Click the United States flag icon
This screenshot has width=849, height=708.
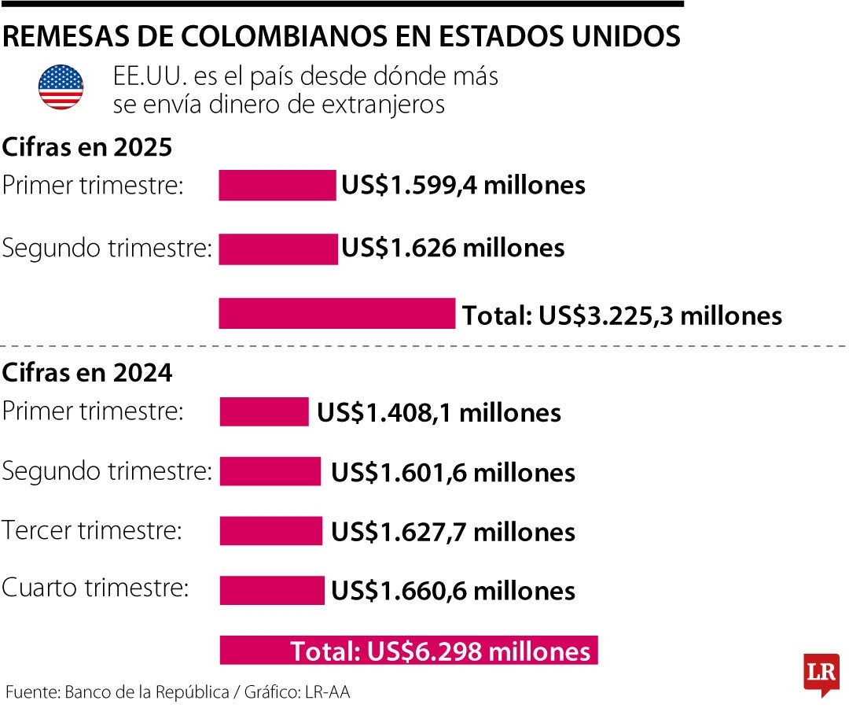point(61,87)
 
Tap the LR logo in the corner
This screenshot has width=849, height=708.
point(821,673)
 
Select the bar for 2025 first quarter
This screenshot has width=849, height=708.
point(277,186)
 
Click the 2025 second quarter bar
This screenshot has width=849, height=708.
point(277,249)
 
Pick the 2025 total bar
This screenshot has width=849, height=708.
point(336,313)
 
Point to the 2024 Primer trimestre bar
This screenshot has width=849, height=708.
point(264,411)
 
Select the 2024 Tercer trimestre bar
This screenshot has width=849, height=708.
point(270,531)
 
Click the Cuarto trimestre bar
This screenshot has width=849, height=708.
point(272,590)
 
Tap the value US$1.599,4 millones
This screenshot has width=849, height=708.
point(463,186)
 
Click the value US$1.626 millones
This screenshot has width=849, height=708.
point(453,248)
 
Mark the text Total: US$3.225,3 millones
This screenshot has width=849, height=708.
point(622,315)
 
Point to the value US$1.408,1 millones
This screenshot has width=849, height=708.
point(439,412)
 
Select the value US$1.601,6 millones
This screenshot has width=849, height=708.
point(453,473)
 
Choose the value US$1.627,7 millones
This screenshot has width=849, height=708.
point(453,532)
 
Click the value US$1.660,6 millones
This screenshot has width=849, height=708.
point(453,591)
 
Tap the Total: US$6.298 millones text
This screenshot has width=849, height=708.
point(440,651)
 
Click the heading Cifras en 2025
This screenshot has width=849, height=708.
point(87,147)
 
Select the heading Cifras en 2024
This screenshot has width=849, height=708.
point(87,373)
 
